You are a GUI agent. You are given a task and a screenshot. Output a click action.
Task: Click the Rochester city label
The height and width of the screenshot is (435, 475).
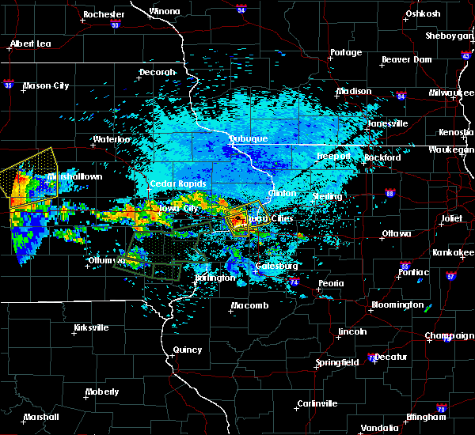point(104,14)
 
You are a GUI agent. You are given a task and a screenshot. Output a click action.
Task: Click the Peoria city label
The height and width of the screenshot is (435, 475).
point(331,283)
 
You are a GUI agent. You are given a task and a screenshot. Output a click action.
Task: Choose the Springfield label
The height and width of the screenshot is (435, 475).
point(338,362)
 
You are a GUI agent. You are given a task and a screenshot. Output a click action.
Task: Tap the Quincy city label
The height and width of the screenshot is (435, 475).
point(187,349)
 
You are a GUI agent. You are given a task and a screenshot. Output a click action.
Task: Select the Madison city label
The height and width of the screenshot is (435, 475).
point(354,91)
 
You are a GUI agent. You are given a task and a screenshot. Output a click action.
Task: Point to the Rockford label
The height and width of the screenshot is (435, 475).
point(382,157)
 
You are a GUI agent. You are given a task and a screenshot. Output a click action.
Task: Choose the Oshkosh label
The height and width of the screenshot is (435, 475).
point(421,13)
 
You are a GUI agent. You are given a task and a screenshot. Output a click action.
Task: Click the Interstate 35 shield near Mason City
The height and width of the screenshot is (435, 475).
point(9,82)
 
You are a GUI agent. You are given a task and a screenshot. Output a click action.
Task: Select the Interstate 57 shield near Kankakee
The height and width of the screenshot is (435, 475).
point(450,277)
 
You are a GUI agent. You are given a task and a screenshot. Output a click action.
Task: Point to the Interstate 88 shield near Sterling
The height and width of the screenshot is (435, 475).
point(389,193)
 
